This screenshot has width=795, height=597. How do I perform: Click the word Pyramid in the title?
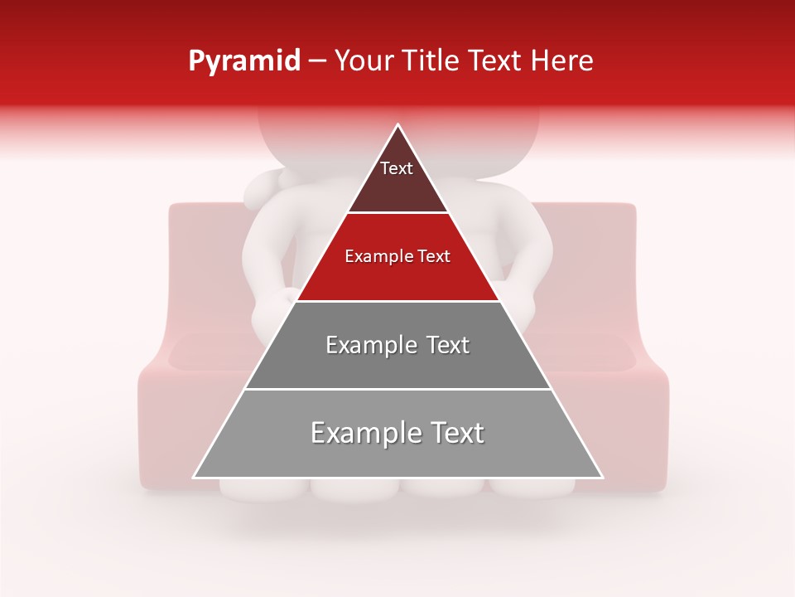tap(244, 61)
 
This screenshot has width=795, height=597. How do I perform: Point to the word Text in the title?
tap(497, 61)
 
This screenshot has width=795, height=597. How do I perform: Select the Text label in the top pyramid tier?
tap(397, 168)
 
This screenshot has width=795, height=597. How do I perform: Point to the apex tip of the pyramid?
tap(398, 125)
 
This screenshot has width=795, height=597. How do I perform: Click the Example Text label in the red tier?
tap(397, 256)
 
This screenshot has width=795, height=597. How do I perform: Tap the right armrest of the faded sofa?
tap(638, 415)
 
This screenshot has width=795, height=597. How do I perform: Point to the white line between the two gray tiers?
tap(397, 389)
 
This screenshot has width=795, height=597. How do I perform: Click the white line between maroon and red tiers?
tap(397, 213)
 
